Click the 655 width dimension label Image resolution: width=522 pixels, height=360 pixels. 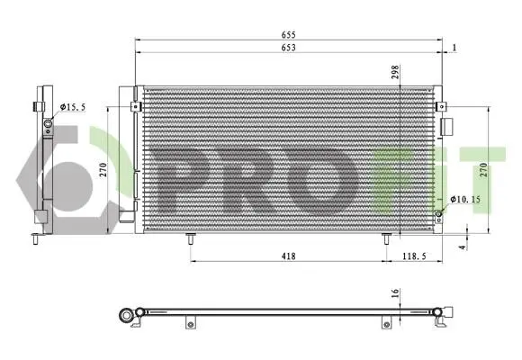click(288, 34)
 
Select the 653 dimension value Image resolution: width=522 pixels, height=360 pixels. click(288, 48)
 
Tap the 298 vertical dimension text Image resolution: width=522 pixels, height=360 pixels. click(395, 72)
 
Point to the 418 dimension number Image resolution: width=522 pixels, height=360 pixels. click(288, 256)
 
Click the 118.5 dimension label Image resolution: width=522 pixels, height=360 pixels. click(414, 256)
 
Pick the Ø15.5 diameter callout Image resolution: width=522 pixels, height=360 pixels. click(73, 107)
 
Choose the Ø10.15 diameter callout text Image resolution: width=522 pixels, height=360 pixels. click(465, 200)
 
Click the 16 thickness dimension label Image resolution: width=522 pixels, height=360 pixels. click(395, 293)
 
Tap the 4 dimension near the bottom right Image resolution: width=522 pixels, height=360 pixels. click(462, 247)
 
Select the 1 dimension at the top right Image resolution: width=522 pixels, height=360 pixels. click(454, 48)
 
